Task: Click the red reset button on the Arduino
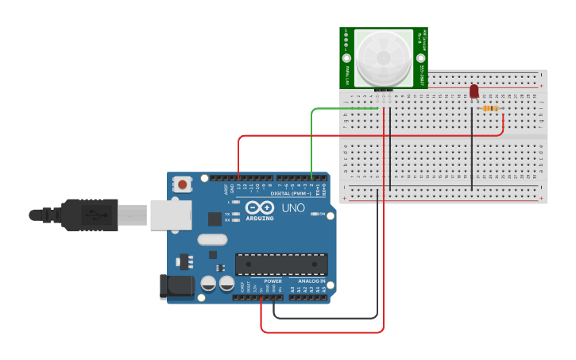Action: click(x=183, y=184)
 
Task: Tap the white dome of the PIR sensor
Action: click(x=384, y=59)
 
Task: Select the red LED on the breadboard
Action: click(x=474, y=91)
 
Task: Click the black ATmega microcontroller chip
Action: click(x=281, y=265)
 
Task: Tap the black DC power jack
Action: click(x=176, y=287)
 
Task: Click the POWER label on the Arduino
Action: click(x=273, y=281)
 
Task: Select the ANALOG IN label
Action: click(x=311, y=281)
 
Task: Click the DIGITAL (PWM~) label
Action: click(x=289, y=193)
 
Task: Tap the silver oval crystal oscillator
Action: click(x=212, y=239)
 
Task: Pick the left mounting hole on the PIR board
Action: click(x=346, y=59)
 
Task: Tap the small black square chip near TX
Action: click(x=215, y=219)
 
